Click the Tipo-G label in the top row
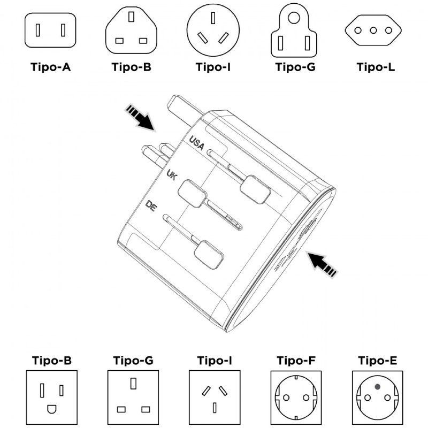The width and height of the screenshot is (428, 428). coord(295,67)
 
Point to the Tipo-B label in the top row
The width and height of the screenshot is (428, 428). coord(132,67)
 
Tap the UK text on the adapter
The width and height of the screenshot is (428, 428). coord(171,175)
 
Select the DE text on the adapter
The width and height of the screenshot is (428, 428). coord(151,206)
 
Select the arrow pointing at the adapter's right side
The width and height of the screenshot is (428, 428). coord(323,264)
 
